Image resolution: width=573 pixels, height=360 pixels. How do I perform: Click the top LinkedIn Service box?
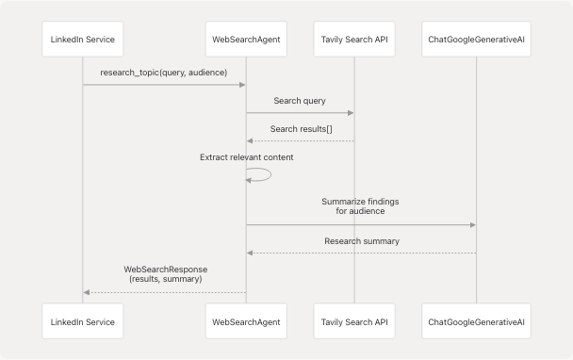(x=83, y=39)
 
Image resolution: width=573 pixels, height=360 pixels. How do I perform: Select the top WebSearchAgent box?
(x=246, y=39)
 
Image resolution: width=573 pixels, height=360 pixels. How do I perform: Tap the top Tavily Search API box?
(x=354, y=39)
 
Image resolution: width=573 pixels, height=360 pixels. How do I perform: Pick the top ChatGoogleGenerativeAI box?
(x=476, y=39)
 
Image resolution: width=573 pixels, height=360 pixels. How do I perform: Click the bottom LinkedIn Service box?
(x=83, y=322)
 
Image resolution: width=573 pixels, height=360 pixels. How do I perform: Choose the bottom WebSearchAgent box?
(x=246, y=322)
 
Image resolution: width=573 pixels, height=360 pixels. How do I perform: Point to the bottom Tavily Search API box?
(x=354, y=322)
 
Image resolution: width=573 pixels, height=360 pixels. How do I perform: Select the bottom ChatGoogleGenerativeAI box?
(x=476, y=322)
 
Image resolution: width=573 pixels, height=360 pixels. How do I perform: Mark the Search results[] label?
(x=300, y=128)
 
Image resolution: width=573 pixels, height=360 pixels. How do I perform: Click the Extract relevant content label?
(x=246, y=156)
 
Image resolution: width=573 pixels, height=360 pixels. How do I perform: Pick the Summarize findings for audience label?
(x=361, y=206)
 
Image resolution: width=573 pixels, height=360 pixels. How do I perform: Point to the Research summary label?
(x=361, y=241)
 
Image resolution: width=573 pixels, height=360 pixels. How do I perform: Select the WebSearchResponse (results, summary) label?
(x=164, y=274)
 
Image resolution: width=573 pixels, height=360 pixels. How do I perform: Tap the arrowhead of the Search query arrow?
(x=351, y=113)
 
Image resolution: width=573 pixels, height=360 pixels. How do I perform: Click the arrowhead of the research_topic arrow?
(x=242, y=85)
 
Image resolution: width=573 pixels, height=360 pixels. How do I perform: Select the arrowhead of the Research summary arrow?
(x=251, y=253)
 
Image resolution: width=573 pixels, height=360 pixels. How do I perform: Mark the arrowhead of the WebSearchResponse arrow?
(x=87, y=292)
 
